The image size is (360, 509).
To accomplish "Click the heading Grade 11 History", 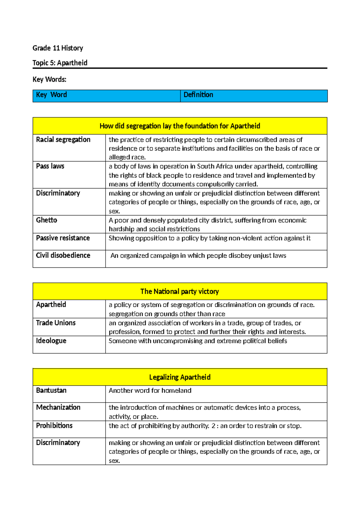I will coord(58,48).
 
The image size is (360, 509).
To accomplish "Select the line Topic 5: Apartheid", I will coord(60,63).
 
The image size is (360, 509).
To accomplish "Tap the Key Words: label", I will coord(49,79).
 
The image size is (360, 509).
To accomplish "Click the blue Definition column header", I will coord(198,95).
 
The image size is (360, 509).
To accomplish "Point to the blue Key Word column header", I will coord(51,95).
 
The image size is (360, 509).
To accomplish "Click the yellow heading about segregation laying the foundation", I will coord(180,126).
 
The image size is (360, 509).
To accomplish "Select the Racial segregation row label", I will coord(63,140).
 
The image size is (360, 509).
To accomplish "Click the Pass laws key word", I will coord(50,166).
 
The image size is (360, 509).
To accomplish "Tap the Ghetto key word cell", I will coord(46,220).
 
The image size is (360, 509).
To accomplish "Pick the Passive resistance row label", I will coord(63,238).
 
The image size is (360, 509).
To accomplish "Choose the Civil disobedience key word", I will coord(63,255).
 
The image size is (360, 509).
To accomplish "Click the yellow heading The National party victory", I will coord(180,291).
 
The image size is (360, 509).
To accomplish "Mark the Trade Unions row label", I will coord(56,323).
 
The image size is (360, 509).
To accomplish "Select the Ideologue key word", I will coord(51,341).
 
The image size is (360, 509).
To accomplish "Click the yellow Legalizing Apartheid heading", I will coord(180,377).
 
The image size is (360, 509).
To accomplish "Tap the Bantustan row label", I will coord(51,390).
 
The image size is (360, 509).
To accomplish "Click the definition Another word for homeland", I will coord(150,390).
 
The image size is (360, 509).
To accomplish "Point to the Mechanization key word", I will coord(58,407).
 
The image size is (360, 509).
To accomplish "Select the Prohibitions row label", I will coord(54,426).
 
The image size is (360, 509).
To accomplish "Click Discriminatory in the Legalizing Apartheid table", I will coord(58,443).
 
